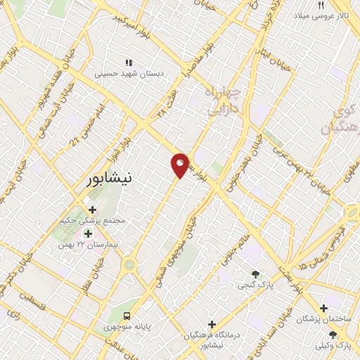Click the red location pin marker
(180, 165)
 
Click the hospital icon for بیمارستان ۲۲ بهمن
(88, 233)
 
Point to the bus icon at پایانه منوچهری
(127, 316)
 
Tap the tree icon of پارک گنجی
(255, 274)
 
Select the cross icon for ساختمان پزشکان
(323, 308)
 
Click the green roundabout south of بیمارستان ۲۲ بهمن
(129, 265)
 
